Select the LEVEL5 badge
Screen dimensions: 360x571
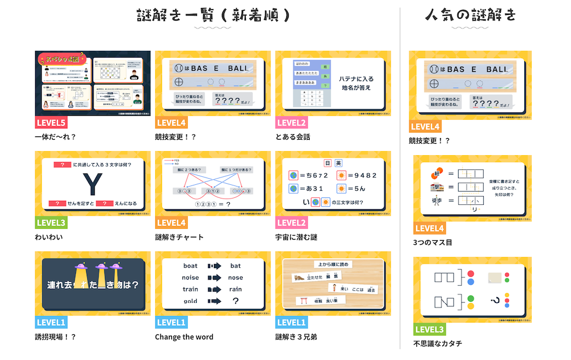(51, 122)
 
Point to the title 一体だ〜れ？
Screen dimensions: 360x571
(55, 137)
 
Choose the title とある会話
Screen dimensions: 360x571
(293, 137)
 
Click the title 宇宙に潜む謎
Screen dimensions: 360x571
(296, 237)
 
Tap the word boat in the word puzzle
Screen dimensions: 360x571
(191, 266)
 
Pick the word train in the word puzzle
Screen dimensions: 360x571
(191, 289)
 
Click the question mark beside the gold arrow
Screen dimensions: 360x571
(236, 301)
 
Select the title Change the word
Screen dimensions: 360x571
(184, 337)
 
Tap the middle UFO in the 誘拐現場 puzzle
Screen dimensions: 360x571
(102, 266)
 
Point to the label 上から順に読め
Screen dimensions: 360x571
(333, 264)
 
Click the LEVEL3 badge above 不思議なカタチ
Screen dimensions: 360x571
(430, 329)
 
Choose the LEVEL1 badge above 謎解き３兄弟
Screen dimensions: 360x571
(291, 322)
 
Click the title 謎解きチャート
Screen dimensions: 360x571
(179, 237)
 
